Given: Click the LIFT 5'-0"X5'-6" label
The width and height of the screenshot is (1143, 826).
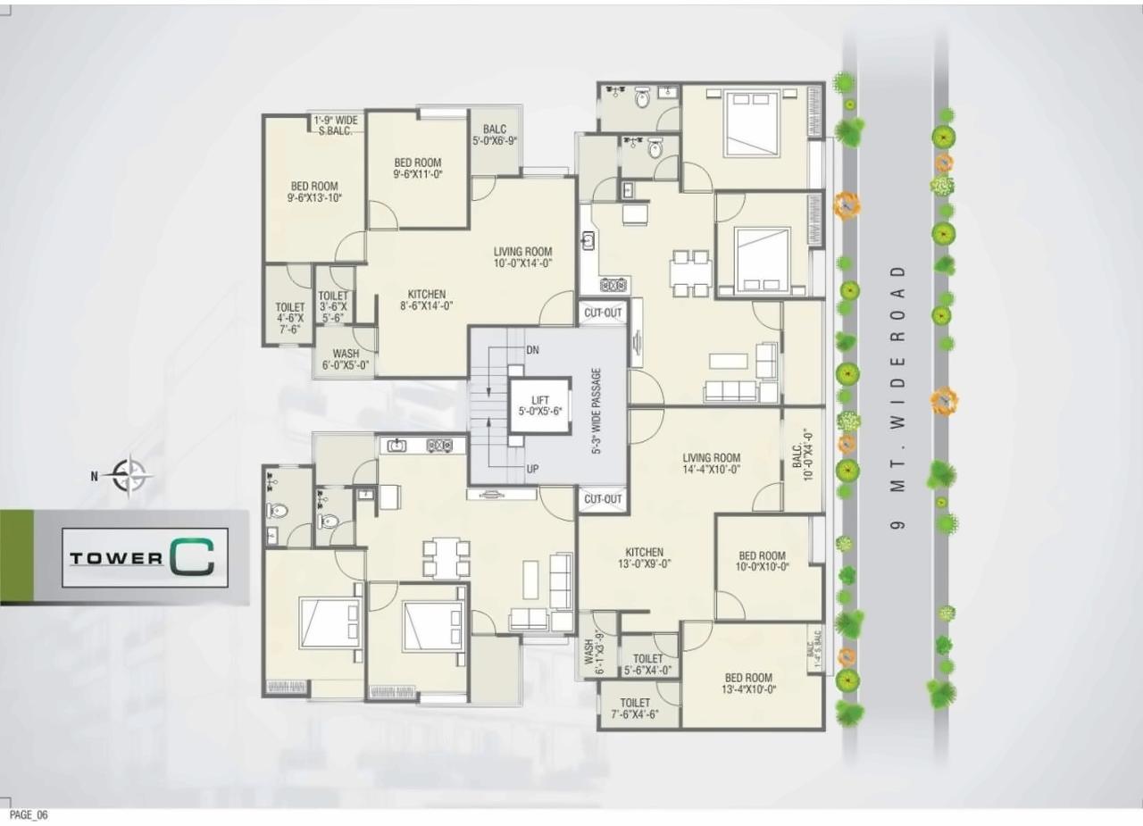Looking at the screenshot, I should coord(539,406).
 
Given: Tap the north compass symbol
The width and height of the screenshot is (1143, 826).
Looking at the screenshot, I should coord(130,475).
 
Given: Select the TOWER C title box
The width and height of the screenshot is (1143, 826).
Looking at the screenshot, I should coord(145,557).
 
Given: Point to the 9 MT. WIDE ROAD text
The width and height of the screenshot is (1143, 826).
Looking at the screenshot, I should coord(899,397).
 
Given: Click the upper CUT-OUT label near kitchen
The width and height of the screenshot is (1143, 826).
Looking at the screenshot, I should coord(603,313).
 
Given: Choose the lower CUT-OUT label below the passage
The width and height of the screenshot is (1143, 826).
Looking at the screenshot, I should coord(603,499).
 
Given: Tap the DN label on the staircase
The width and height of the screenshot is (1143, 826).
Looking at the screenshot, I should coord(533,349).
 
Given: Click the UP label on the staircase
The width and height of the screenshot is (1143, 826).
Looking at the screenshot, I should coord(532,468).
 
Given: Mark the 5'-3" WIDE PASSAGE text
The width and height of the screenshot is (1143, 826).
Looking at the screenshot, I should coord(597,412).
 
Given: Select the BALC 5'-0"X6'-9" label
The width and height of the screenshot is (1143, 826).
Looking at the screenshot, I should coord(495,135).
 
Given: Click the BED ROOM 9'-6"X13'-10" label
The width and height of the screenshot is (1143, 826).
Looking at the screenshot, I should coord(313,192).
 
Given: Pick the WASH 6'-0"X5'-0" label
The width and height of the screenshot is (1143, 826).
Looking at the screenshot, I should coord(346,360).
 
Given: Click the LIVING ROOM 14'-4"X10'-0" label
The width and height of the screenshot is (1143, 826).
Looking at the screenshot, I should coord(712,464).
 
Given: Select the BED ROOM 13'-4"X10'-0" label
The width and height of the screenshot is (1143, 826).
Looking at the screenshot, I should coord(748,683).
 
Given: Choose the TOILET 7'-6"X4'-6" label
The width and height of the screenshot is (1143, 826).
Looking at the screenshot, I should coord(635,708).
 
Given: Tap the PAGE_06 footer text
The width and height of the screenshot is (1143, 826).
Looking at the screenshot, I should coord(29,815).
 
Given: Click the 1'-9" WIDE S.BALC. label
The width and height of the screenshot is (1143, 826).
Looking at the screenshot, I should coord(335,124).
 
